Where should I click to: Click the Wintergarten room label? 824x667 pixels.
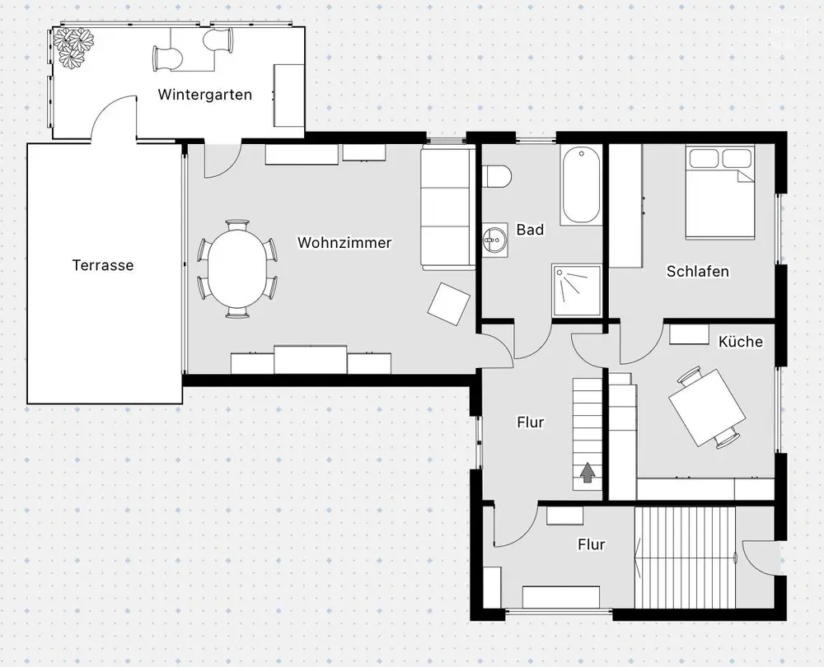(x=205, y=95)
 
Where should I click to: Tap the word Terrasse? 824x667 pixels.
(x=103, y=265)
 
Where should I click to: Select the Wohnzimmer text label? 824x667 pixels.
(x=344, y=243)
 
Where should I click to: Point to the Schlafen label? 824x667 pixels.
(x=698, y=272)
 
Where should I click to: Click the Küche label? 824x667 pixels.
(x=741, y=342)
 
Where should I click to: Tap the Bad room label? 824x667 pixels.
(x=530, y=230)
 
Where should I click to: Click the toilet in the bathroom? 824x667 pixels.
(x=497, y=176)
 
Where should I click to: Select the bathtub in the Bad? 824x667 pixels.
(x=581, y=185)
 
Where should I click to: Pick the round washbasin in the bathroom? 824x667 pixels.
(x=494, y=240)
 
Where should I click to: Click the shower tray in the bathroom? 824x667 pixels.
(x=576, y=290)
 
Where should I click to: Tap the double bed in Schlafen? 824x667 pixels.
(x=720, y=192)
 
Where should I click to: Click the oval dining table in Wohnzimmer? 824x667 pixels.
(x=237, y=269)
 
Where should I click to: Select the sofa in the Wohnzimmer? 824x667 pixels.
(x=447, y=208)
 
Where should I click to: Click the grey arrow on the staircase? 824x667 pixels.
(x=588, y=472)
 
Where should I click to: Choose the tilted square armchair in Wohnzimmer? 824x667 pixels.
(x=449, y=304)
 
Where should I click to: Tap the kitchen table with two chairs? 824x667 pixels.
(x=707, y=408)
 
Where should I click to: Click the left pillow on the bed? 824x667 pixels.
(x=705, y=157)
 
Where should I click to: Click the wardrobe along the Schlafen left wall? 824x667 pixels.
(x=626, y=205)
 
